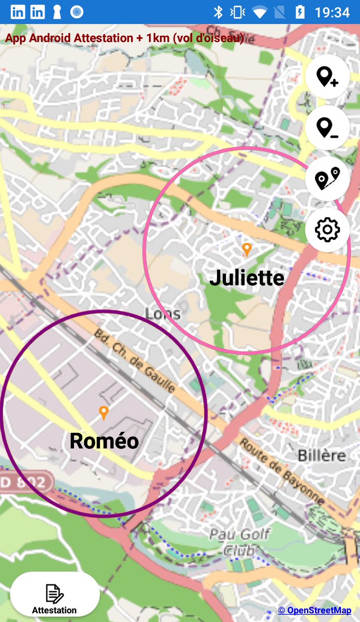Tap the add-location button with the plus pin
[327, 77]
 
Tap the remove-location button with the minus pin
[327, 128]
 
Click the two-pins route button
[327, 178]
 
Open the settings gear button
[327, 229]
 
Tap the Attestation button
[54, 598]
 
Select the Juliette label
[247, 278]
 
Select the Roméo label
[104, 441]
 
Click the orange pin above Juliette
[247, 249]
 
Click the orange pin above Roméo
[104, 413]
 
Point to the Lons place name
[163, 314]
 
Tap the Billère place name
[322, 456]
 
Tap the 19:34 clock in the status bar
[333, 12]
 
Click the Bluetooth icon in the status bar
[218, 12]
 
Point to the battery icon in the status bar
[300, 12]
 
